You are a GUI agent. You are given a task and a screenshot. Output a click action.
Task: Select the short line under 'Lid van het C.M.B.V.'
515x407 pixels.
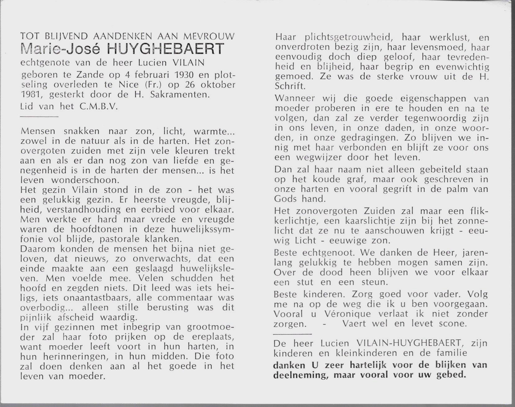coord(39,117)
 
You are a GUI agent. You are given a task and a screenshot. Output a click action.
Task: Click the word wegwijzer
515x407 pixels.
coord(314,157)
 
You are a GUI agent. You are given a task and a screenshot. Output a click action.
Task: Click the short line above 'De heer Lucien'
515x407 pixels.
coord(292,334)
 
